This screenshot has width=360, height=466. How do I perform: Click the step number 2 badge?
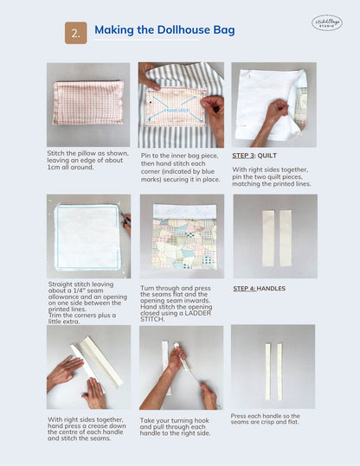[75, 33]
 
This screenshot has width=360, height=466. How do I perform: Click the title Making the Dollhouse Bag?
[164, 31]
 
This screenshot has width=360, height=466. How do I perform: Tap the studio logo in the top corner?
[326, 23]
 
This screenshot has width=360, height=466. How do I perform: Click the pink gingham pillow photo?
[88, 104]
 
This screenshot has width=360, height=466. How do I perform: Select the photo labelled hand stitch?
[181, 104]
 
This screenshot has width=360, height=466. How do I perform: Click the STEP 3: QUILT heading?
[254, 156]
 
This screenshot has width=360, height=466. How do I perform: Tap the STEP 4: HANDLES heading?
[259, 288]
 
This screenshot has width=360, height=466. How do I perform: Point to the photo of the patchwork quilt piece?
[181, 236]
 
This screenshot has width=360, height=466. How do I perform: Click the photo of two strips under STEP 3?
[274, 236]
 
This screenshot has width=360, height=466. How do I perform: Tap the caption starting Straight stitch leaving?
[87, 304]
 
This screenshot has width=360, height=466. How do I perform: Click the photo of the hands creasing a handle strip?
[88, 367]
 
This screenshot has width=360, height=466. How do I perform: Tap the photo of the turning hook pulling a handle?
[181, 367]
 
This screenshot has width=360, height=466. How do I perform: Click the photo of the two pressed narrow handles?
[273, 367]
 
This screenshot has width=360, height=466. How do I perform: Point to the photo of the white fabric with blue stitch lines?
[88, 236]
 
